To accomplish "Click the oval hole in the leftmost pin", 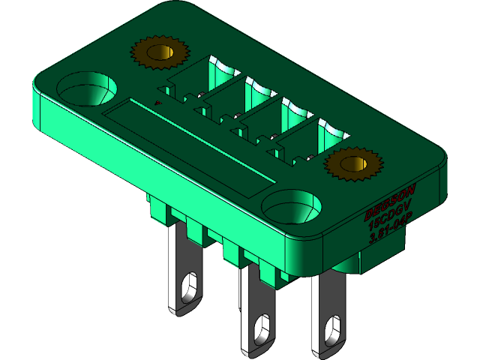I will click(x=190, y=287).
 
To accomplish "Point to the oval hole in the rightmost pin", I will click(x=332, y=331).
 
